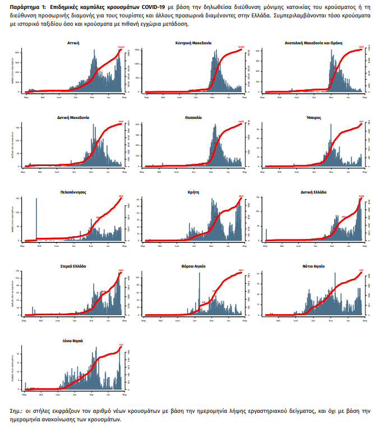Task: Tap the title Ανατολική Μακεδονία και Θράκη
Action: pyautogui.click(x=313, y=43)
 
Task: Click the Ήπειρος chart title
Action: pyautogui.click(x=313, y=118)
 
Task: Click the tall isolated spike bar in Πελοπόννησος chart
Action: pyautogui.click(x=36, y=219)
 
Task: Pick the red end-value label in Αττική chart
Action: pyautogui.click(x=120, y=48)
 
